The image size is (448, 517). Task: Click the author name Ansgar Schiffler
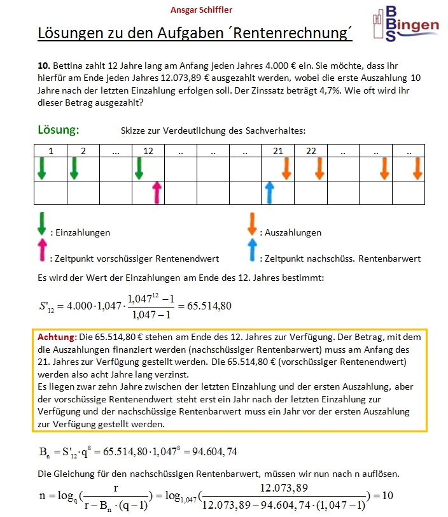[x=201, y=10]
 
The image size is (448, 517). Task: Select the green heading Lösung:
[x=59, y=130]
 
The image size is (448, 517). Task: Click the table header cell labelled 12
[x=148, y=152]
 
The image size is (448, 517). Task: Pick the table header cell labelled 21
[x=277, y=152]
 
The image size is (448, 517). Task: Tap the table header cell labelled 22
[x=310, y=152]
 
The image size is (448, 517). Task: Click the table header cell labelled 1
[x=51, y=152]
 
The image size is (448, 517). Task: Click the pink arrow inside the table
[x=157, y=192]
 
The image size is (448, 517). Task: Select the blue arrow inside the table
[x=270, y=192]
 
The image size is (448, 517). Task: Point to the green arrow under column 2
[x=74, y=168]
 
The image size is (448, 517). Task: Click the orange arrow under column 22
[x=319, y=168]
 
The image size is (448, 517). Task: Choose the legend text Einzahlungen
[x=83, y=232]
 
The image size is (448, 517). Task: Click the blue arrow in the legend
[x=252, y=251]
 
